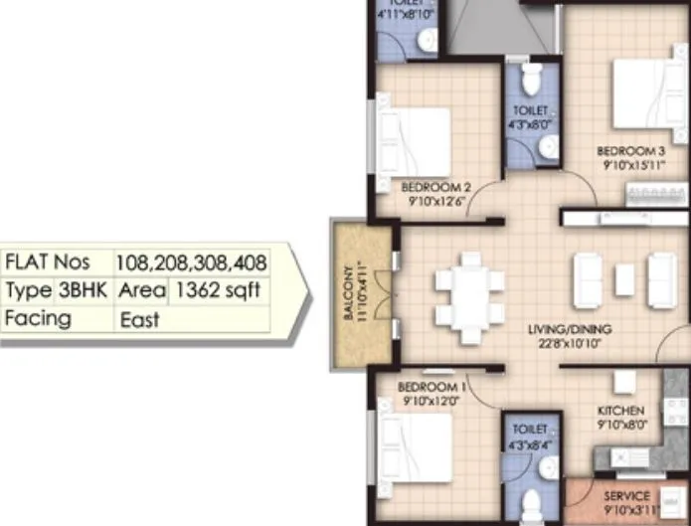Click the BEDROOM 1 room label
432,386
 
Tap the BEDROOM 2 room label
435,186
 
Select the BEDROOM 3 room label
630,151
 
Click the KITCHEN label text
621,411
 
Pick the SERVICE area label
627,495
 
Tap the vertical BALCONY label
348,289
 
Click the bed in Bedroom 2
413,138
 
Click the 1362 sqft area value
217,290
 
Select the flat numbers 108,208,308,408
191,263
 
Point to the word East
139,319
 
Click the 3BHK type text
79,290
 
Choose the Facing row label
38,318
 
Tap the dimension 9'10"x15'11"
630,166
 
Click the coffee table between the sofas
624,280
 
